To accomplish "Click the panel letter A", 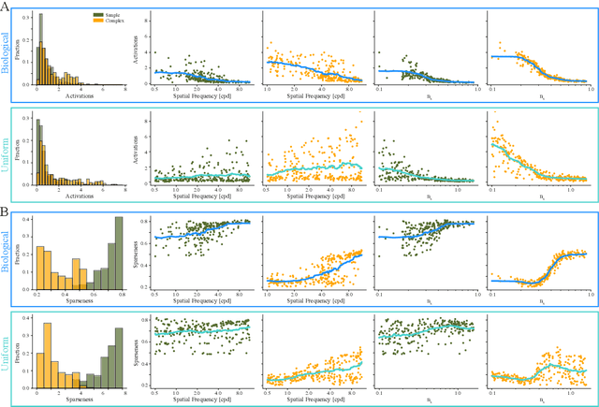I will click(x=5, y=6).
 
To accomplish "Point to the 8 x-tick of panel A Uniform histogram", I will click(x=124, y=190).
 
